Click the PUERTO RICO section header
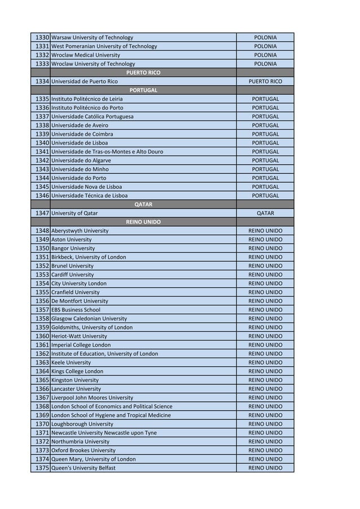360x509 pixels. (143, 73)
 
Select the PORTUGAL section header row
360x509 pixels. (143, 90)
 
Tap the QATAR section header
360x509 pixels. (143, 204)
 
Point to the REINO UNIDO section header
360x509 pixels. (143, 222)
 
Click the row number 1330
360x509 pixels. (42, 38)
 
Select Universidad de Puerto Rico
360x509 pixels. (85, 81)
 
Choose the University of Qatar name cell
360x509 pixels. (74, 213)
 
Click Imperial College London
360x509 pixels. (81, 345)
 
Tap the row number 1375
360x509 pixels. (42, 468)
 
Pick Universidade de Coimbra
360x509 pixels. (82, 134)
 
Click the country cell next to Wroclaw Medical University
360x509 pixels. (265, 55)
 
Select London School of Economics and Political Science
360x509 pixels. (112, 406)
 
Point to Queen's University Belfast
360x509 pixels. (83, 468)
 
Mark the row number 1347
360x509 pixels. (42, 213)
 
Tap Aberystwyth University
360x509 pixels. (80, 231)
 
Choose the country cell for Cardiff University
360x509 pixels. (265, 275)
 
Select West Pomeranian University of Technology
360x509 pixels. (104, 46)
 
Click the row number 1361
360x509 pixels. (42, 345)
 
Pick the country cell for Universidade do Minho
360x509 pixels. (265, 169)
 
